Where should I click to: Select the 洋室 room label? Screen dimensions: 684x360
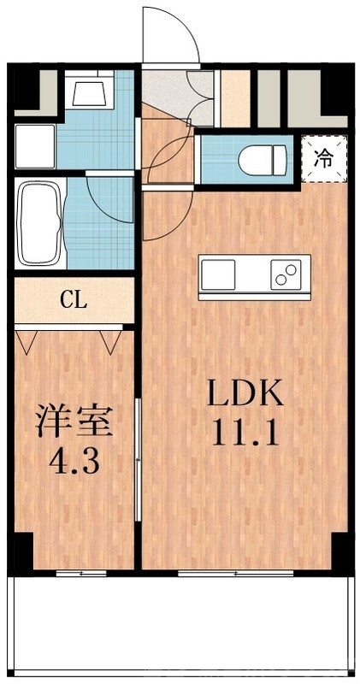click(74, 423)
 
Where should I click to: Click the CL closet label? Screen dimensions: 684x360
click(73, 301)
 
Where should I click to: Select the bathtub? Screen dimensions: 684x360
click(38, 223)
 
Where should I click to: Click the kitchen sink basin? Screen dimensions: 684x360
click(219, 275)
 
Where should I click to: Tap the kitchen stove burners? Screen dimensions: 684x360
click(286, 275)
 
